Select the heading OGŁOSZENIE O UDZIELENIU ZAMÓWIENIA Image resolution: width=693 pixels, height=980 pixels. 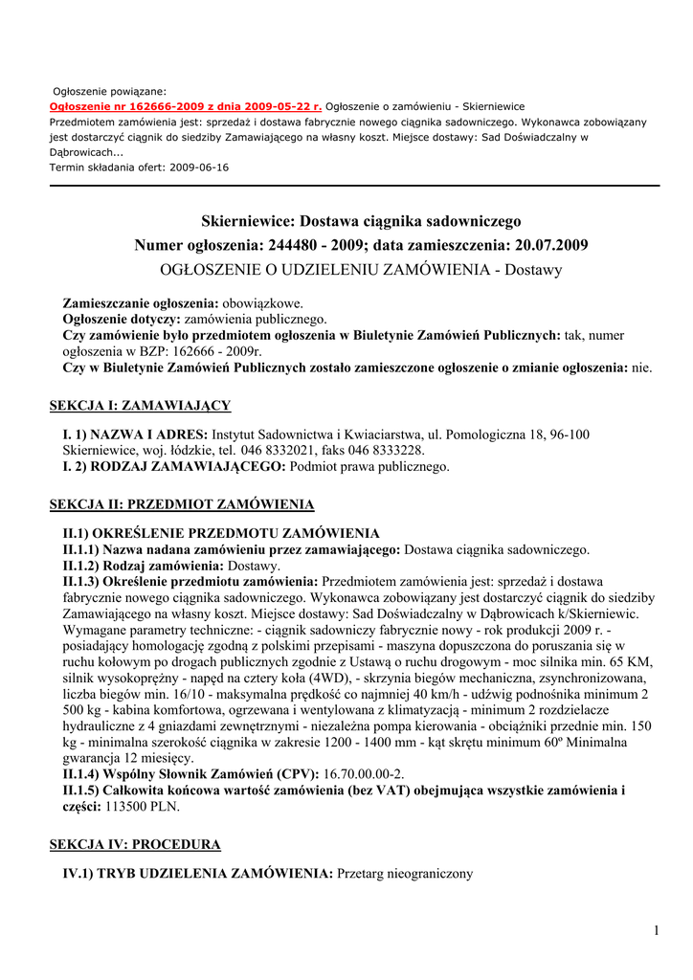(325, 270)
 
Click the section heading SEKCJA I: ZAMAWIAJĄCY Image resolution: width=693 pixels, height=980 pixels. (140, 406)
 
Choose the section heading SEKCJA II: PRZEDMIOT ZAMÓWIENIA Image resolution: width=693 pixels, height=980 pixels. (181, 503)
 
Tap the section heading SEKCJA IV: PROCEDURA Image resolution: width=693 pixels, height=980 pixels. (135, 844)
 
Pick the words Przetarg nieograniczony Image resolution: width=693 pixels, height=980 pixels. (406, 874)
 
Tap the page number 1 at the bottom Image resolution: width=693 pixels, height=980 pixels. (657, 930)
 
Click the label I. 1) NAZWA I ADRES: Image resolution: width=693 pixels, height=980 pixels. (135, 434)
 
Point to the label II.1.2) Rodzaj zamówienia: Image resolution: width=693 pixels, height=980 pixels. (131, 566)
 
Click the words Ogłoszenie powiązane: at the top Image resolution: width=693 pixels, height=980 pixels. (109, 91)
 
